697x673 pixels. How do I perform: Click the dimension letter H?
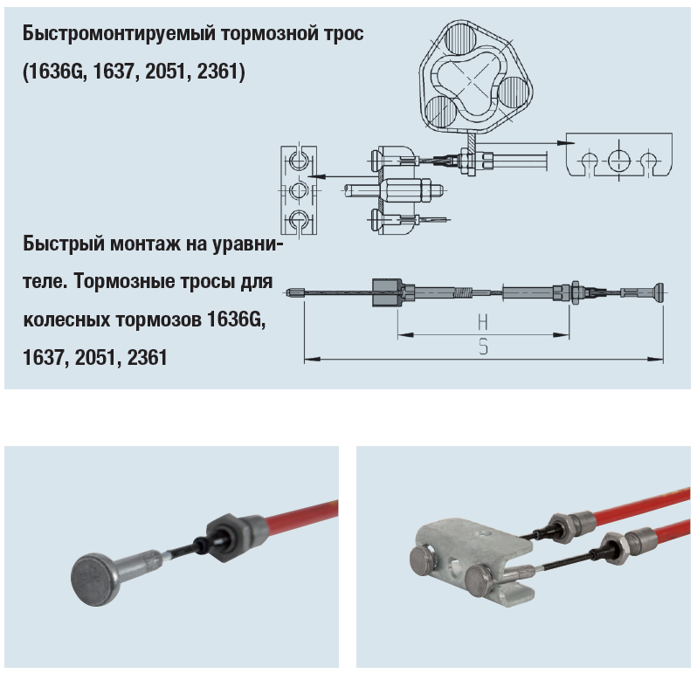tap(483, 320)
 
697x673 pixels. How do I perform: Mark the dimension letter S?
tap(483, 347)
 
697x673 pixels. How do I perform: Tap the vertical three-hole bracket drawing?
tap(298, 189)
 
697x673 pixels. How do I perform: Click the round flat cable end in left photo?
tap(93, 580)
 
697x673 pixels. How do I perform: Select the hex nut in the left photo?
tap(224, 532)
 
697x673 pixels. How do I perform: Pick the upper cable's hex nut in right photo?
tap(562, 522)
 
